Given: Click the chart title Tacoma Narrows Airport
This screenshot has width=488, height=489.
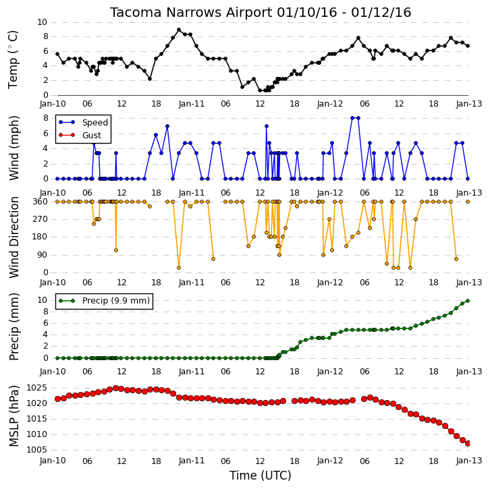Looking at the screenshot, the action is click(191, 13).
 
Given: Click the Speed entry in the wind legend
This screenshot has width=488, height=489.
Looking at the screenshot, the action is click(95, 123).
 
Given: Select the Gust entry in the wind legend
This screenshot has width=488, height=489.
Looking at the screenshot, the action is click(92, 135).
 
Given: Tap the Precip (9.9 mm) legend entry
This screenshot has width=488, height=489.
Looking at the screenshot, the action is click(116, 301).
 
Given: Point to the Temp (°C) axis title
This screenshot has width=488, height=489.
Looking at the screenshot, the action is click(13, 59).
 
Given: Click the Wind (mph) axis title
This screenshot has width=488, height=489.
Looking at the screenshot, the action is click(13, 148).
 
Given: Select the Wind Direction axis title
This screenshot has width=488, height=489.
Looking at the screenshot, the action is click(13, 237).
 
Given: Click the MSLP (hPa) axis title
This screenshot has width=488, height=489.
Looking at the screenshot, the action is click(13, 416).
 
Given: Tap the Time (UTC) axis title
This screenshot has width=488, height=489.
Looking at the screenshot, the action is click(261, 476).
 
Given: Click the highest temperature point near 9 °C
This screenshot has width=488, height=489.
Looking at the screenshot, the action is click(179, 30).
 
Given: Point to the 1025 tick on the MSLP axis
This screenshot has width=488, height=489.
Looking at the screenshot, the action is click(37, 388).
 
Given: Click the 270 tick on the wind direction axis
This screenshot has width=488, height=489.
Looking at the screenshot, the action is click(40, 219).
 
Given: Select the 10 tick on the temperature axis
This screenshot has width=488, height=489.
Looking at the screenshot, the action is click(42, 22).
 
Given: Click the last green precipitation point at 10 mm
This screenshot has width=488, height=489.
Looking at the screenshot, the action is click(468, 301).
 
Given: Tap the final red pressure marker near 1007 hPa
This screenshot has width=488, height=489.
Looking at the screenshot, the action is click(468, 443).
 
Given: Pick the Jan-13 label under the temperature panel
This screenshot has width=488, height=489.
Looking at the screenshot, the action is click(469, 104).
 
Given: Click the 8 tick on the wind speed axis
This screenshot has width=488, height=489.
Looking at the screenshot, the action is click(45, 118).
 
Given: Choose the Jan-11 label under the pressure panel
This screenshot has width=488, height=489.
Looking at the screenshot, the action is click(192, 461).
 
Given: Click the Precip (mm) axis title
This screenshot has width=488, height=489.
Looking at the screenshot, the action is click(13, 327).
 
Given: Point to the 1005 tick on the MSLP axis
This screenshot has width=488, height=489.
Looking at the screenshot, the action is click(37, 450).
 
